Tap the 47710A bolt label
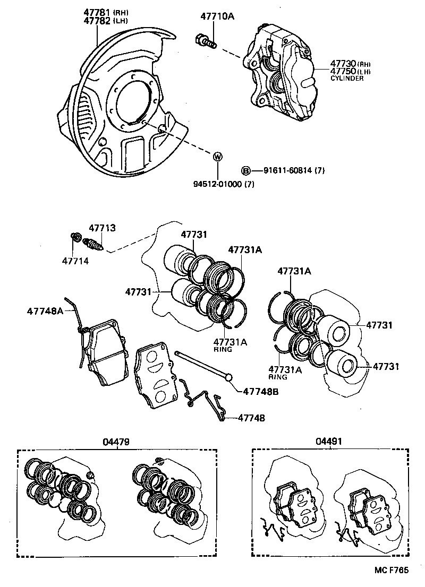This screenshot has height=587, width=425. coord(217,16)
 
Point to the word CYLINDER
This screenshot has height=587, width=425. coord(347,79)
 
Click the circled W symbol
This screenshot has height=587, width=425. coord(217,157)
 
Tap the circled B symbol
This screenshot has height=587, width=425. coord(246,170)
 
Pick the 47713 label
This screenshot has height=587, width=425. coord(102,228)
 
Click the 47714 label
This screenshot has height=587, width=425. coord(75,261)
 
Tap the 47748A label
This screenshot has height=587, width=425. coord(45,310)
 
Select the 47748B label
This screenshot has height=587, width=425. coord(261,392)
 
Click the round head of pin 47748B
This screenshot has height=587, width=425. coord(229,377)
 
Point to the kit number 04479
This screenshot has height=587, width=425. coord(117,442)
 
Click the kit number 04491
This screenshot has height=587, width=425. coord(329,442)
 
